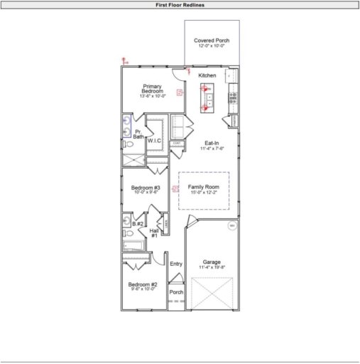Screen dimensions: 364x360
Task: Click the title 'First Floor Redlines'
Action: tap(180, 4)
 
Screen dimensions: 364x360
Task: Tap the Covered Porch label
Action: tap(212, 41)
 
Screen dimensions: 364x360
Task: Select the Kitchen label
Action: tap(207, 75)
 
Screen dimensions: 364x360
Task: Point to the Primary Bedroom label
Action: tap(153, 89)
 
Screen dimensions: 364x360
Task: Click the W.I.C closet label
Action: tap(154, 141)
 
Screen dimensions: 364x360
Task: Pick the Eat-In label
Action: tap(212, 143)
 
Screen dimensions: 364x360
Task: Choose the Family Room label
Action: tap(204, 187)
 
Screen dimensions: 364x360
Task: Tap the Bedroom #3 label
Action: tap(146, 188)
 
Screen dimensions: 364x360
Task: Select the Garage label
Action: tap(212, 262)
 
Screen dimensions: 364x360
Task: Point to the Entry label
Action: tap(176, 264)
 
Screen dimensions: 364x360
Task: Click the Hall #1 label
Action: tap(153, 232)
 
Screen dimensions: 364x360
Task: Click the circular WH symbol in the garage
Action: tap(231, 226)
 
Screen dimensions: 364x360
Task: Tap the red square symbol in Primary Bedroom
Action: tap(180, 92)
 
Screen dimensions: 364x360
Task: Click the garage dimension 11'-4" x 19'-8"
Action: tap(212, 268)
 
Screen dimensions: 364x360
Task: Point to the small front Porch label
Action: tap(176, 291)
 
